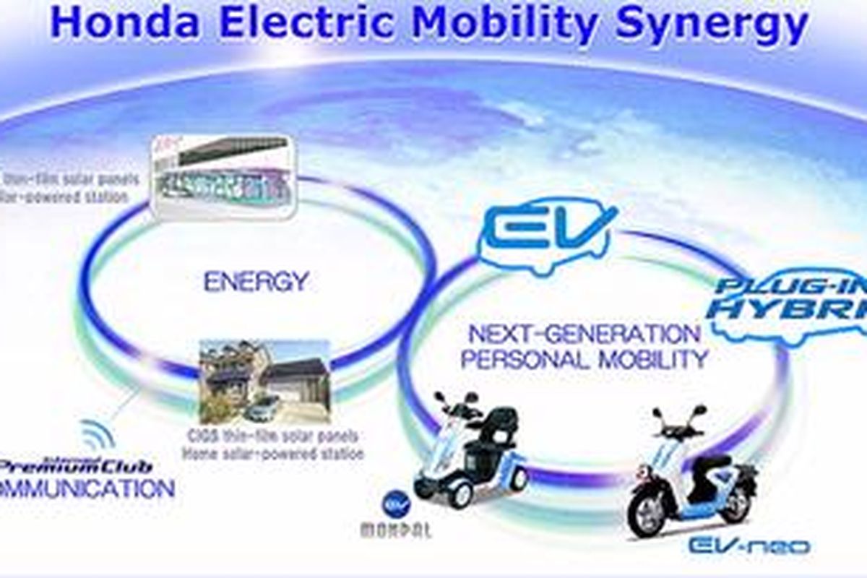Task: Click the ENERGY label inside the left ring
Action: [x=256, y=281]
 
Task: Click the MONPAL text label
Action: [x=395, y=530]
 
